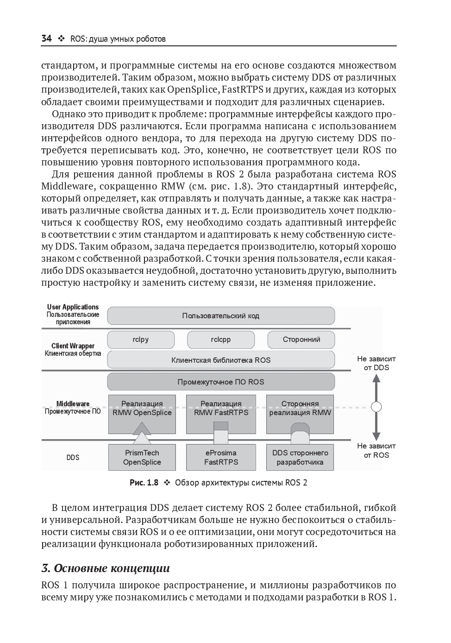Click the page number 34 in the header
click(46, 39)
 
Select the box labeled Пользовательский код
click(220, 316)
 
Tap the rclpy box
click(141, 340)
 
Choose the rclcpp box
click(220, 340)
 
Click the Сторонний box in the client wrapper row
click(301, 340)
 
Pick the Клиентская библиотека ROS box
click(220, 360)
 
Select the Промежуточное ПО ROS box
click(220, 382)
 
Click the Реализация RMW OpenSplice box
click(142, 409)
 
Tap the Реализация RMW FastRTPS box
click(221, 409)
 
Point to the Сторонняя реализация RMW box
click(300, 409)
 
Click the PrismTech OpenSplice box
click(142, 457)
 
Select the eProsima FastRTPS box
click(221, 457)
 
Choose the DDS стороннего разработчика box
click(300, 457)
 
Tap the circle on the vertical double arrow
click(376, 407)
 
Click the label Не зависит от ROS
click(376, 450)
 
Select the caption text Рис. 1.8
click(144, 483)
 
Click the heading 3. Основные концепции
click(106, 568)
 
